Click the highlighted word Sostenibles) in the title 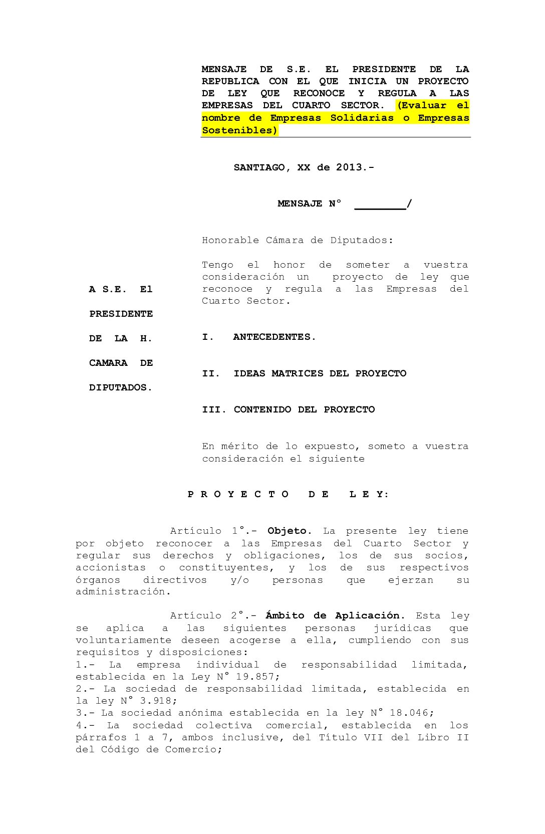[x=239, y=130]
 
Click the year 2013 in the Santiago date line [x=349, y=167]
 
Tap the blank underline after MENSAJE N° [x=380, y=205]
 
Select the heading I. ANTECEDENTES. [x=259, y=337]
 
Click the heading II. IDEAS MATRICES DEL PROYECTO [x=304, y=373]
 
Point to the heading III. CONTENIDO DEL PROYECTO [x=288, y=409]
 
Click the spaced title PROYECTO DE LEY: [x=288, y=494]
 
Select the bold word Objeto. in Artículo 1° [x=290, y=531]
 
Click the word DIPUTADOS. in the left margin [x=121, y=387]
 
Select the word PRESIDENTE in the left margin [x=121, y=314]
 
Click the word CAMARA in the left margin [x=108, y=363]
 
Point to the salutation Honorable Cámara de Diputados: [x=298, y=240]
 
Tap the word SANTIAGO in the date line [x=259, y=167]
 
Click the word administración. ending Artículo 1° [x=123, y=591]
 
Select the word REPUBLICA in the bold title [x=230, y=81]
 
